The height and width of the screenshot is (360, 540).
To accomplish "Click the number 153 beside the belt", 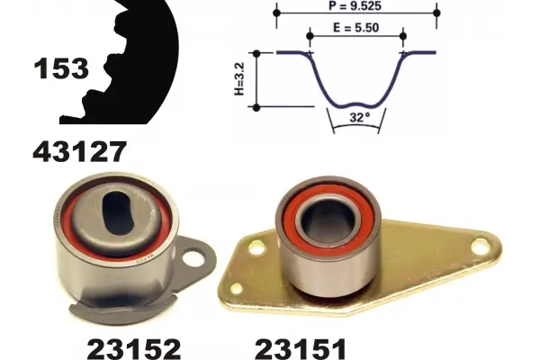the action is click(61, 68).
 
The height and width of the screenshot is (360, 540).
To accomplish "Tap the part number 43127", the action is click(79, 151).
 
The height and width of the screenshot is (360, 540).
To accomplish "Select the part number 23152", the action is click(134, 348).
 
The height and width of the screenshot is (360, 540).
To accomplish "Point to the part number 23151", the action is click(301, 348).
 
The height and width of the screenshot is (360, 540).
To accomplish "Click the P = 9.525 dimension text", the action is click(355, 5).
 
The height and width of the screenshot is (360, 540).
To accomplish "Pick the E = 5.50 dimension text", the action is click(355, 28).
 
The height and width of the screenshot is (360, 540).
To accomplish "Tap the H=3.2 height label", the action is click(239, 79).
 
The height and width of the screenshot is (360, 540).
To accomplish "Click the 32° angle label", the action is click(359, 118).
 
